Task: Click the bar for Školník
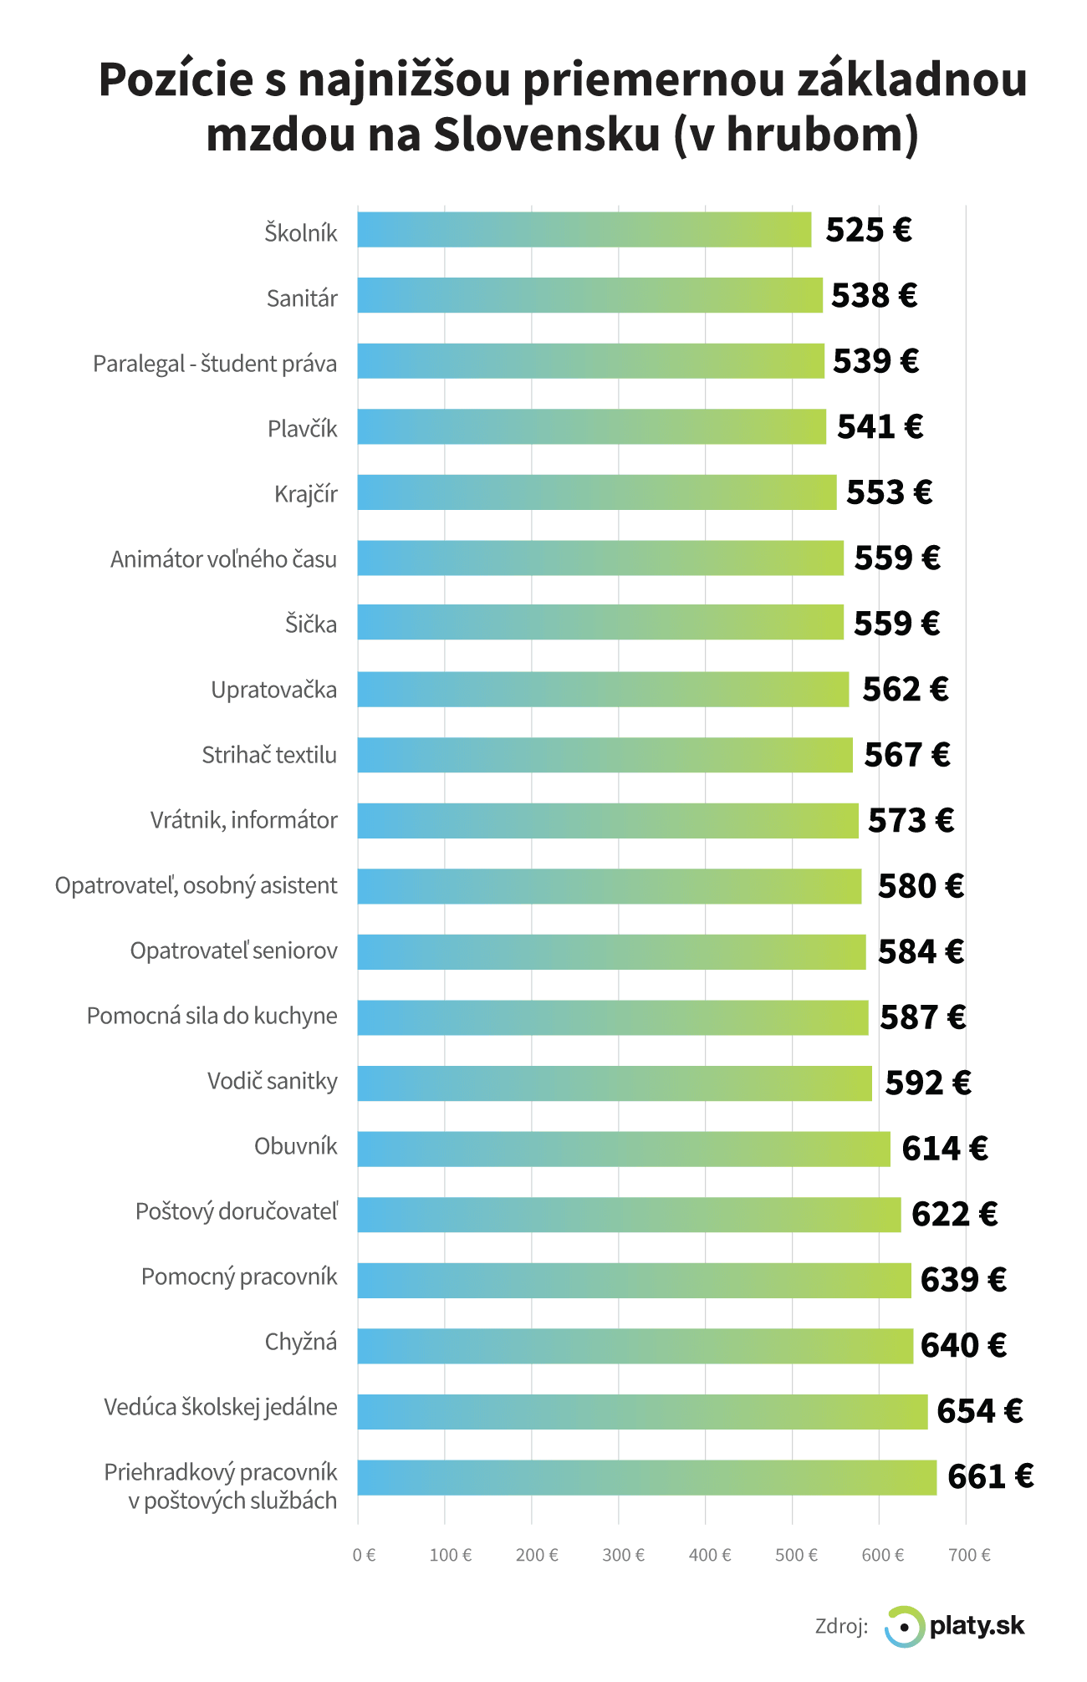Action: click(584, 230)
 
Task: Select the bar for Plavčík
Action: click(591, 426)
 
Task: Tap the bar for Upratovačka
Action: click(603, 689)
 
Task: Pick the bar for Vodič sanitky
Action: click(615, 1083)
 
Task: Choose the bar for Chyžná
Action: click(635, 1345)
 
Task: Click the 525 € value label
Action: click(868, 230)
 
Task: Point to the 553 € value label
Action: click(889, 492)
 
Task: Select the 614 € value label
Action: click(944, 1149)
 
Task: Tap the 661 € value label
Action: click(990, 1477)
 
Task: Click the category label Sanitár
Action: click(302, 298)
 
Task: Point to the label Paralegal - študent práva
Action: click(215, 364)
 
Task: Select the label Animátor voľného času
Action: click(223, 558)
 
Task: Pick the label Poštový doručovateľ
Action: click(237, 1211)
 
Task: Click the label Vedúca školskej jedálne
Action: click(221, 1407)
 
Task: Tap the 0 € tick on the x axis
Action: click(364, 1555)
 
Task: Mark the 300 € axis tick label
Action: click(623, 1555)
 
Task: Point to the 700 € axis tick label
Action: click(969, 1555)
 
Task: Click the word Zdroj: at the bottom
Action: click(841, 1626)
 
